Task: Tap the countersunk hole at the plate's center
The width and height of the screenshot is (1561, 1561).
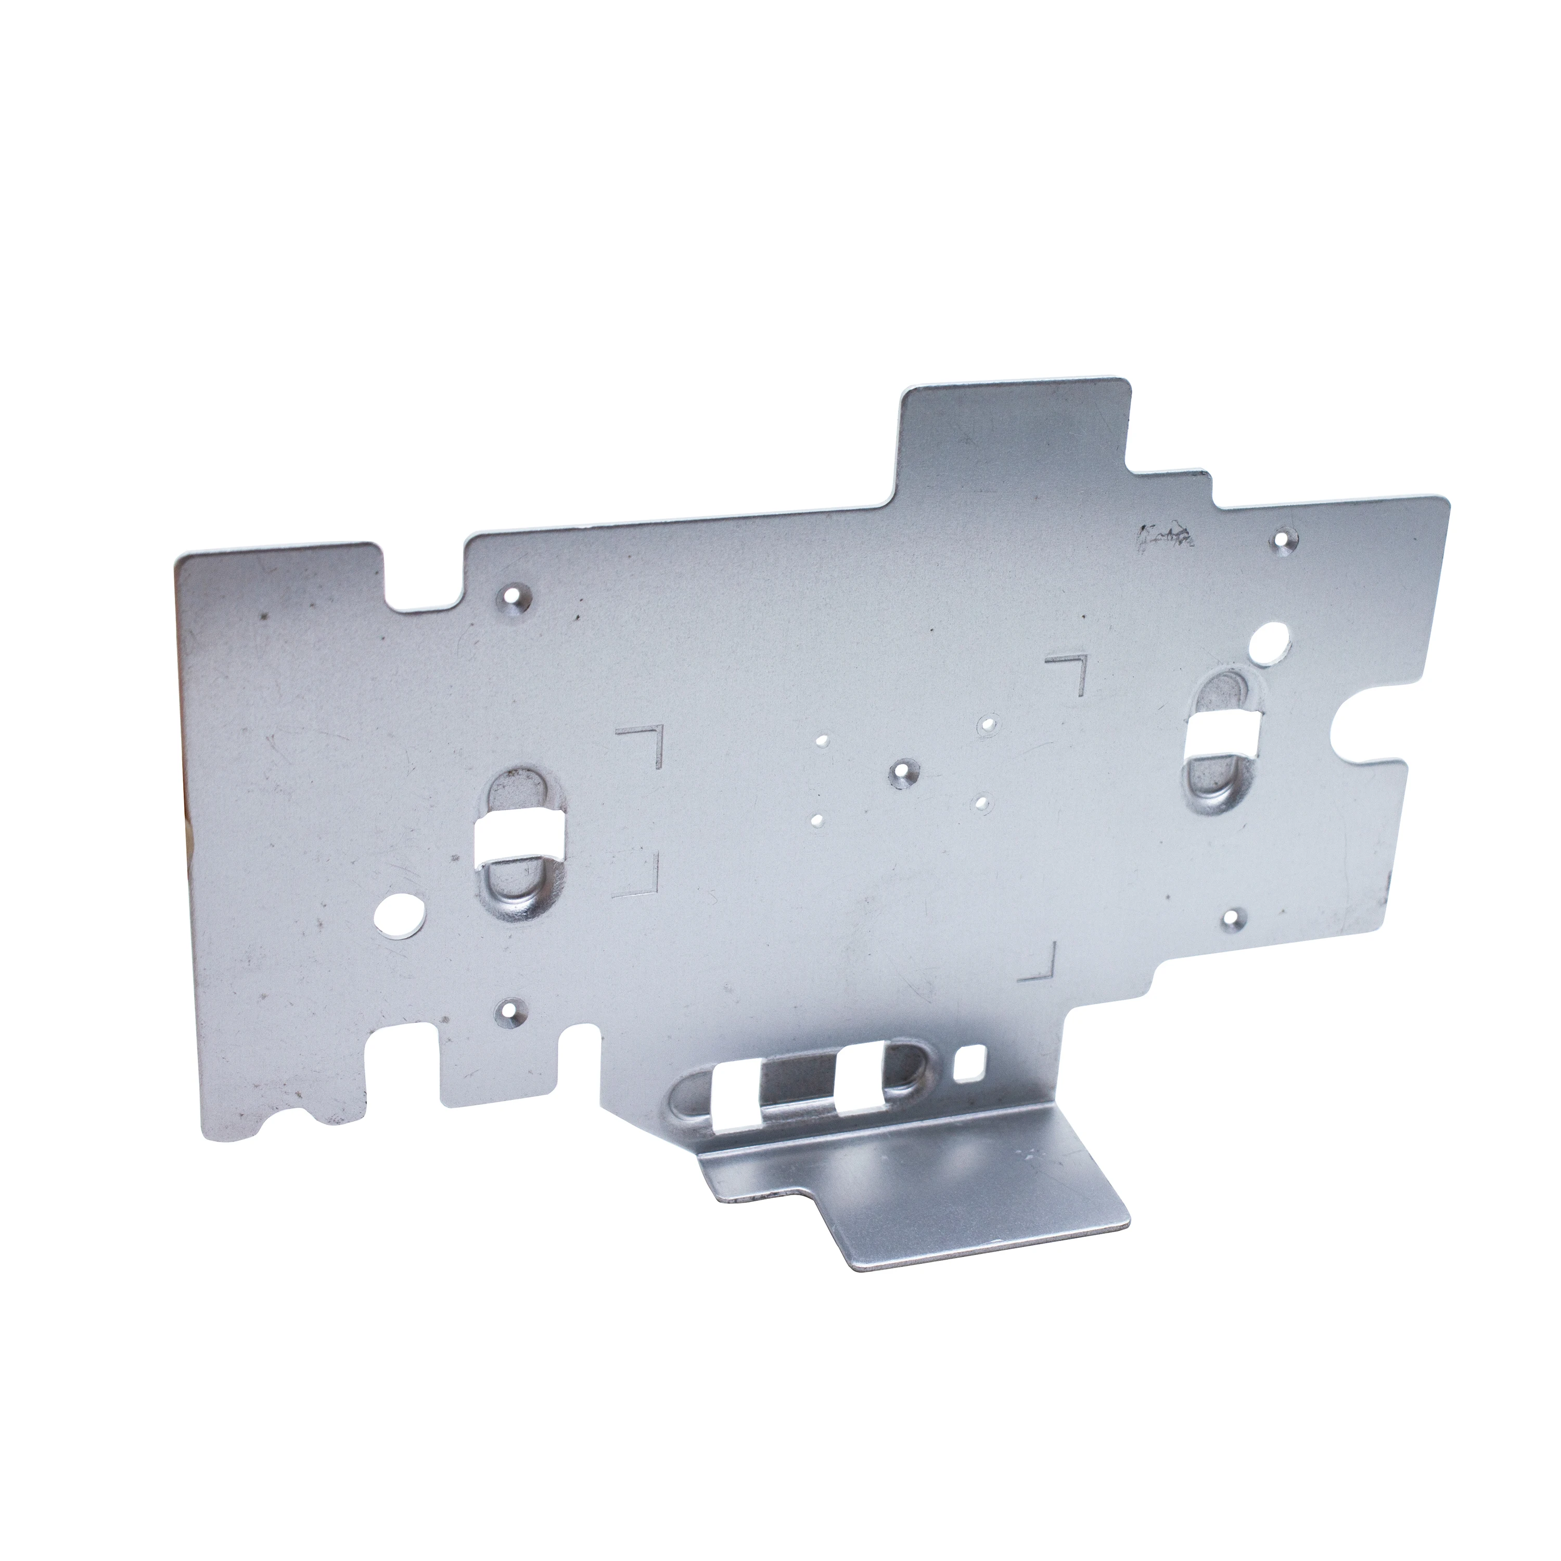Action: [x=900, y=775]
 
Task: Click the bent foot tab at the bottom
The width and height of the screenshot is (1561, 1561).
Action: [x=913, y=1196]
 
